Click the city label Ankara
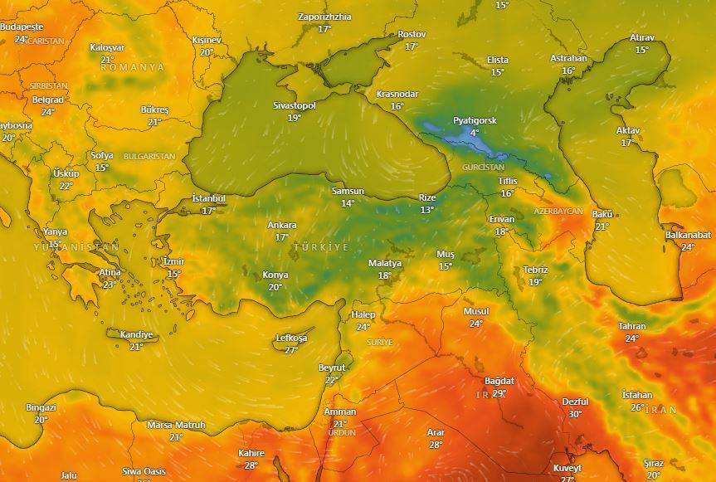[x=281, y=225]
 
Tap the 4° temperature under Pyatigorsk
[x=475, y=133]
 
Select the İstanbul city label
[x=208, y=198]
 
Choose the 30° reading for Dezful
[x=575, y=414]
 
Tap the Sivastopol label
[x=295, y=106]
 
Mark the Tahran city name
[x=631, y=326]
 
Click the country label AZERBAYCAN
[x=558, y=212]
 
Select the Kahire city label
[x=251, y=453]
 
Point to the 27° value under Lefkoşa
[x=291, y=350]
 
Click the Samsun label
[x=348, y=191]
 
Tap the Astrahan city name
[x=568, y=59]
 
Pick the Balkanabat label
[x=688, y=235]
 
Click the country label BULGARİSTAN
[x=149, y=156]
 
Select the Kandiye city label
[x=137, y=335]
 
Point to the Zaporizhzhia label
[x=324, y=17]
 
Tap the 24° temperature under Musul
[x=475, y=324]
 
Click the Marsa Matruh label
[x=176, y=425]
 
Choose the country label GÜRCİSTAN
[x=484, y=168]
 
